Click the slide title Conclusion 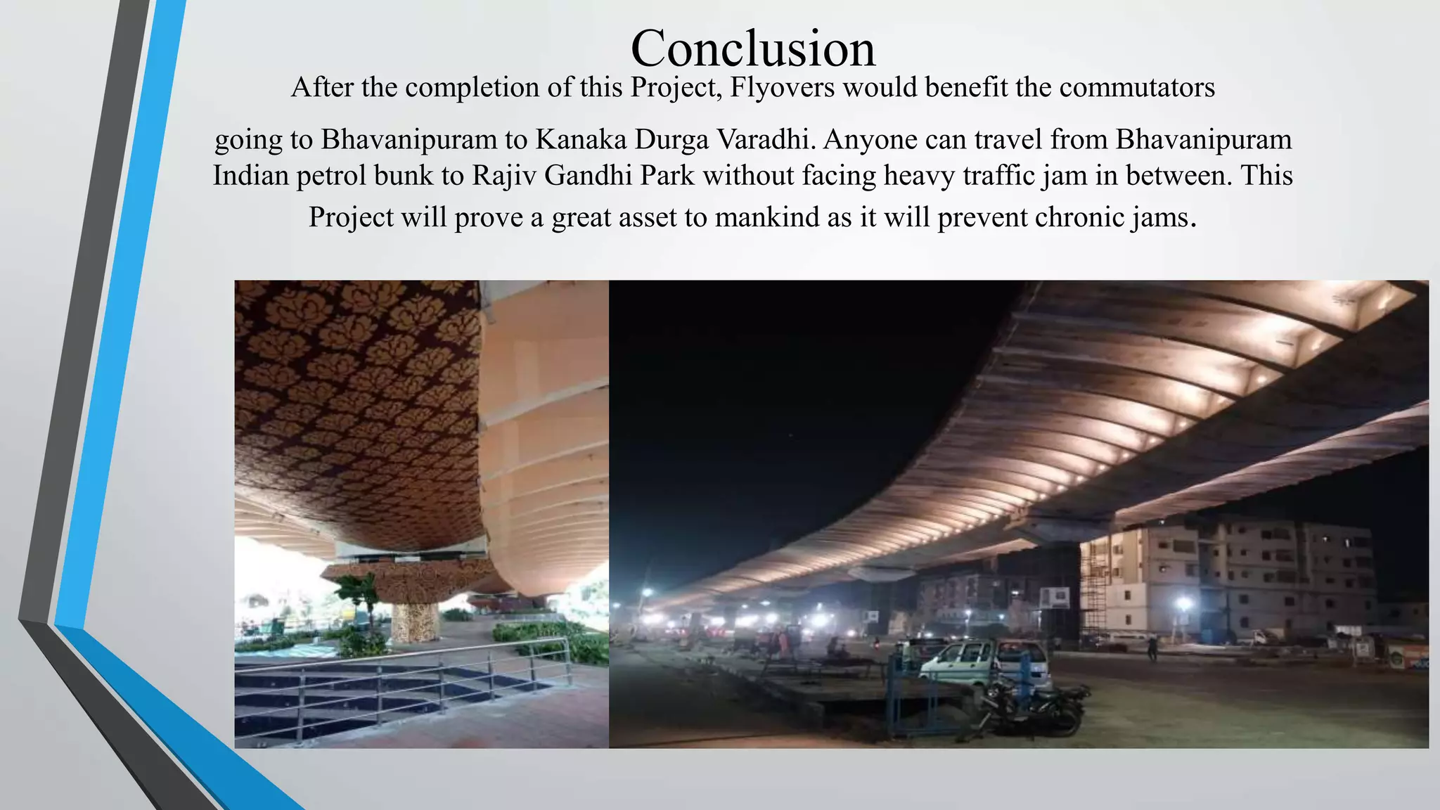tap(753, 49)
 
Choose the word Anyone tap(870, 139)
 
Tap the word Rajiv tap(503, 175)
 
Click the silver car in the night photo tap(984, 661)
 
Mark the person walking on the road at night tap(1152, 647)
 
